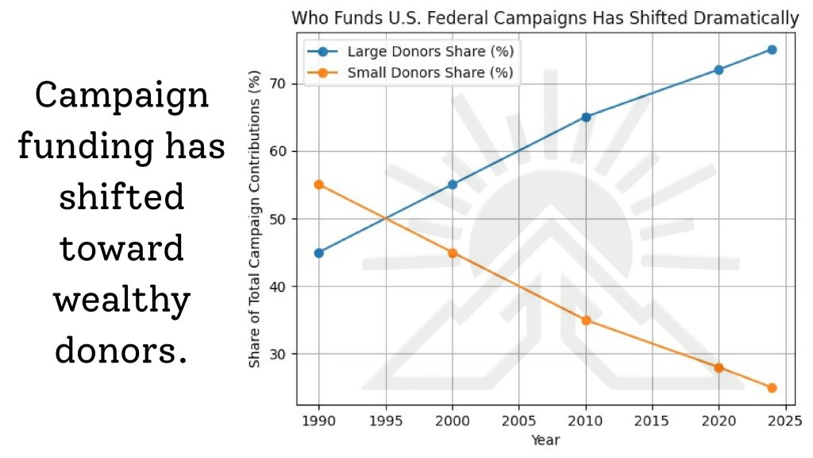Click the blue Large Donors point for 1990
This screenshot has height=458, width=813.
point(319,253)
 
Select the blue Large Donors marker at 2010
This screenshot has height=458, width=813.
point(586,117)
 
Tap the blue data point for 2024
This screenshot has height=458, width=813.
point(772,49)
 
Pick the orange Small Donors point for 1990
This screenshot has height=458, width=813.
point(319,184)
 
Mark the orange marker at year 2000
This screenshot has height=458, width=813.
point(453,253)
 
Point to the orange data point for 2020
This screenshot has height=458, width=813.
point(719,367)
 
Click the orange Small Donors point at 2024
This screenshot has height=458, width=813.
point(772,388)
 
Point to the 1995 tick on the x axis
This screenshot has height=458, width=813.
point(386,419)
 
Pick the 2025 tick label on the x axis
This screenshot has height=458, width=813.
point(785,419)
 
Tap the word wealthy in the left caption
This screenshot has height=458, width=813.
point(123,301)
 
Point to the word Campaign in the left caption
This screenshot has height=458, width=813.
point(123,95)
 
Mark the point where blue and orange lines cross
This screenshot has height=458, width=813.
point(386,219)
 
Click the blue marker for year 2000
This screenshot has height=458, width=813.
point(453,184)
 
